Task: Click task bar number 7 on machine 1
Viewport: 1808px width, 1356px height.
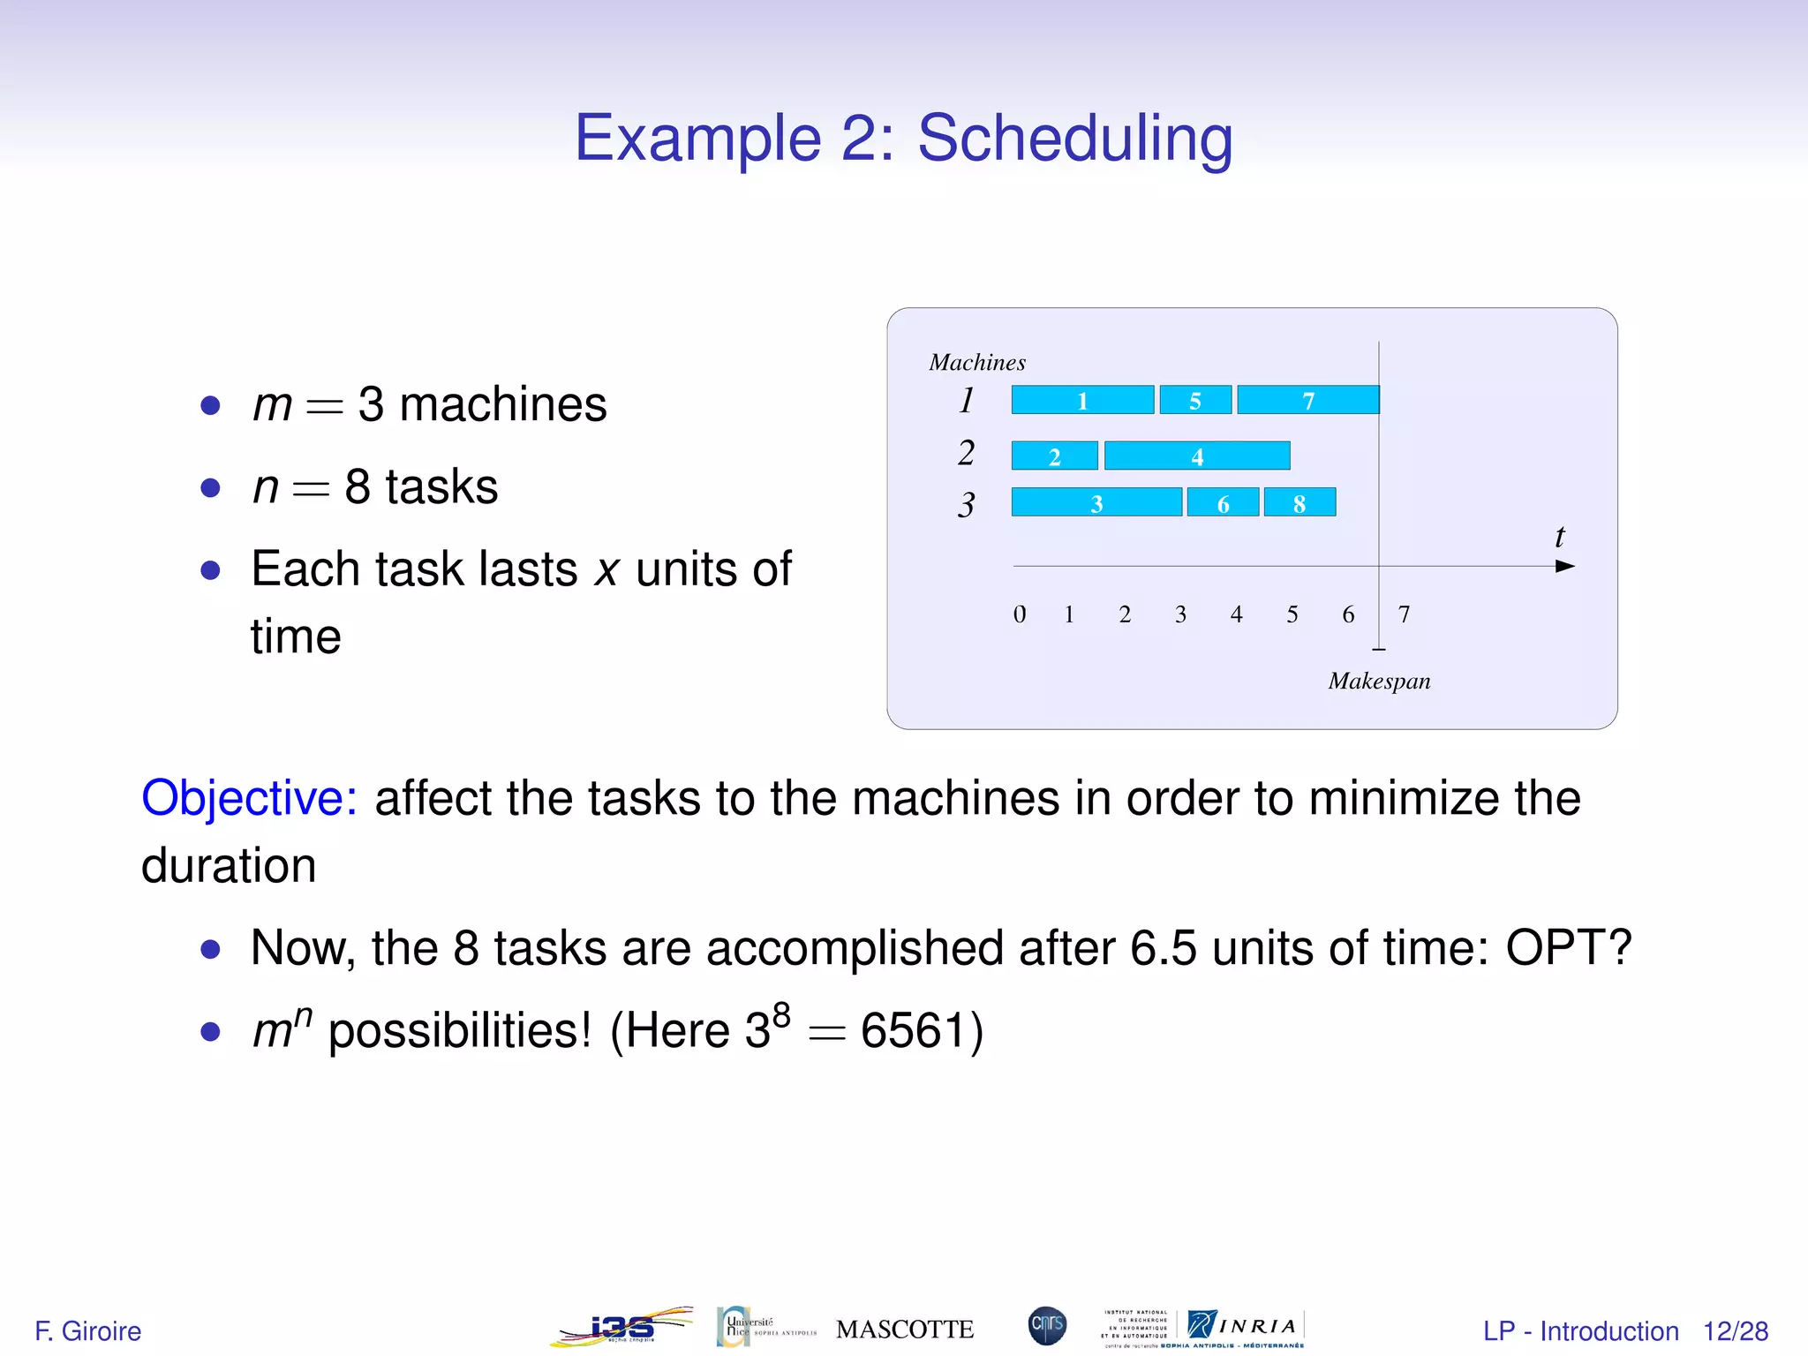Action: click(1307, 400)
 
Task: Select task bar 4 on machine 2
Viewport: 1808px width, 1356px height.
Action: click(1197, 456)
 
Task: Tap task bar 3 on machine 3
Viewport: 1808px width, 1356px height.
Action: click(1096, 502)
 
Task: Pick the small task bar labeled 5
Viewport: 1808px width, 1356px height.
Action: click(1195, 400)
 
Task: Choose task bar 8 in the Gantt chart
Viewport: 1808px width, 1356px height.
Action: click(1299, 502)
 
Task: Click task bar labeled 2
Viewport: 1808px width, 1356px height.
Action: click(1054, 456)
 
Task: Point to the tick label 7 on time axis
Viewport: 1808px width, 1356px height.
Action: click(1404, 614)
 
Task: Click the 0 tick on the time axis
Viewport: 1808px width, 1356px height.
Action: click(1020, 614)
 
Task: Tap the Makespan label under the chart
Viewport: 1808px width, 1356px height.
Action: click(1379, 681)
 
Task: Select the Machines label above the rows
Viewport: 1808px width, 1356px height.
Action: click(977, 363)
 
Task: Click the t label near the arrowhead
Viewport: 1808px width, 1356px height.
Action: click(1559, 537)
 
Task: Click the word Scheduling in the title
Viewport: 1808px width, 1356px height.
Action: click(1074, 138)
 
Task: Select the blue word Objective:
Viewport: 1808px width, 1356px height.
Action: click(249, 798)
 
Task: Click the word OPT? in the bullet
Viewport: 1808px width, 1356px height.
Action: click(1568, 948)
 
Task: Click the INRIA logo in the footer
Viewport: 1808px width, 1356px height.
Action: click(1245, 1326)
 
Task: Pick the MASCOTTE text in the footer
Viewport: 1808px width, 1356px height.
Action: click(905, 1330)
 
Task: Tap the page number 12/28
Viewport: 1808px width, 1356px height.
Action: click(1735, 1331)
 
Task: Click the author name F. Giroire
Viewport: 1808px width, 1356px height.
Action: click(88, 1331)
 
